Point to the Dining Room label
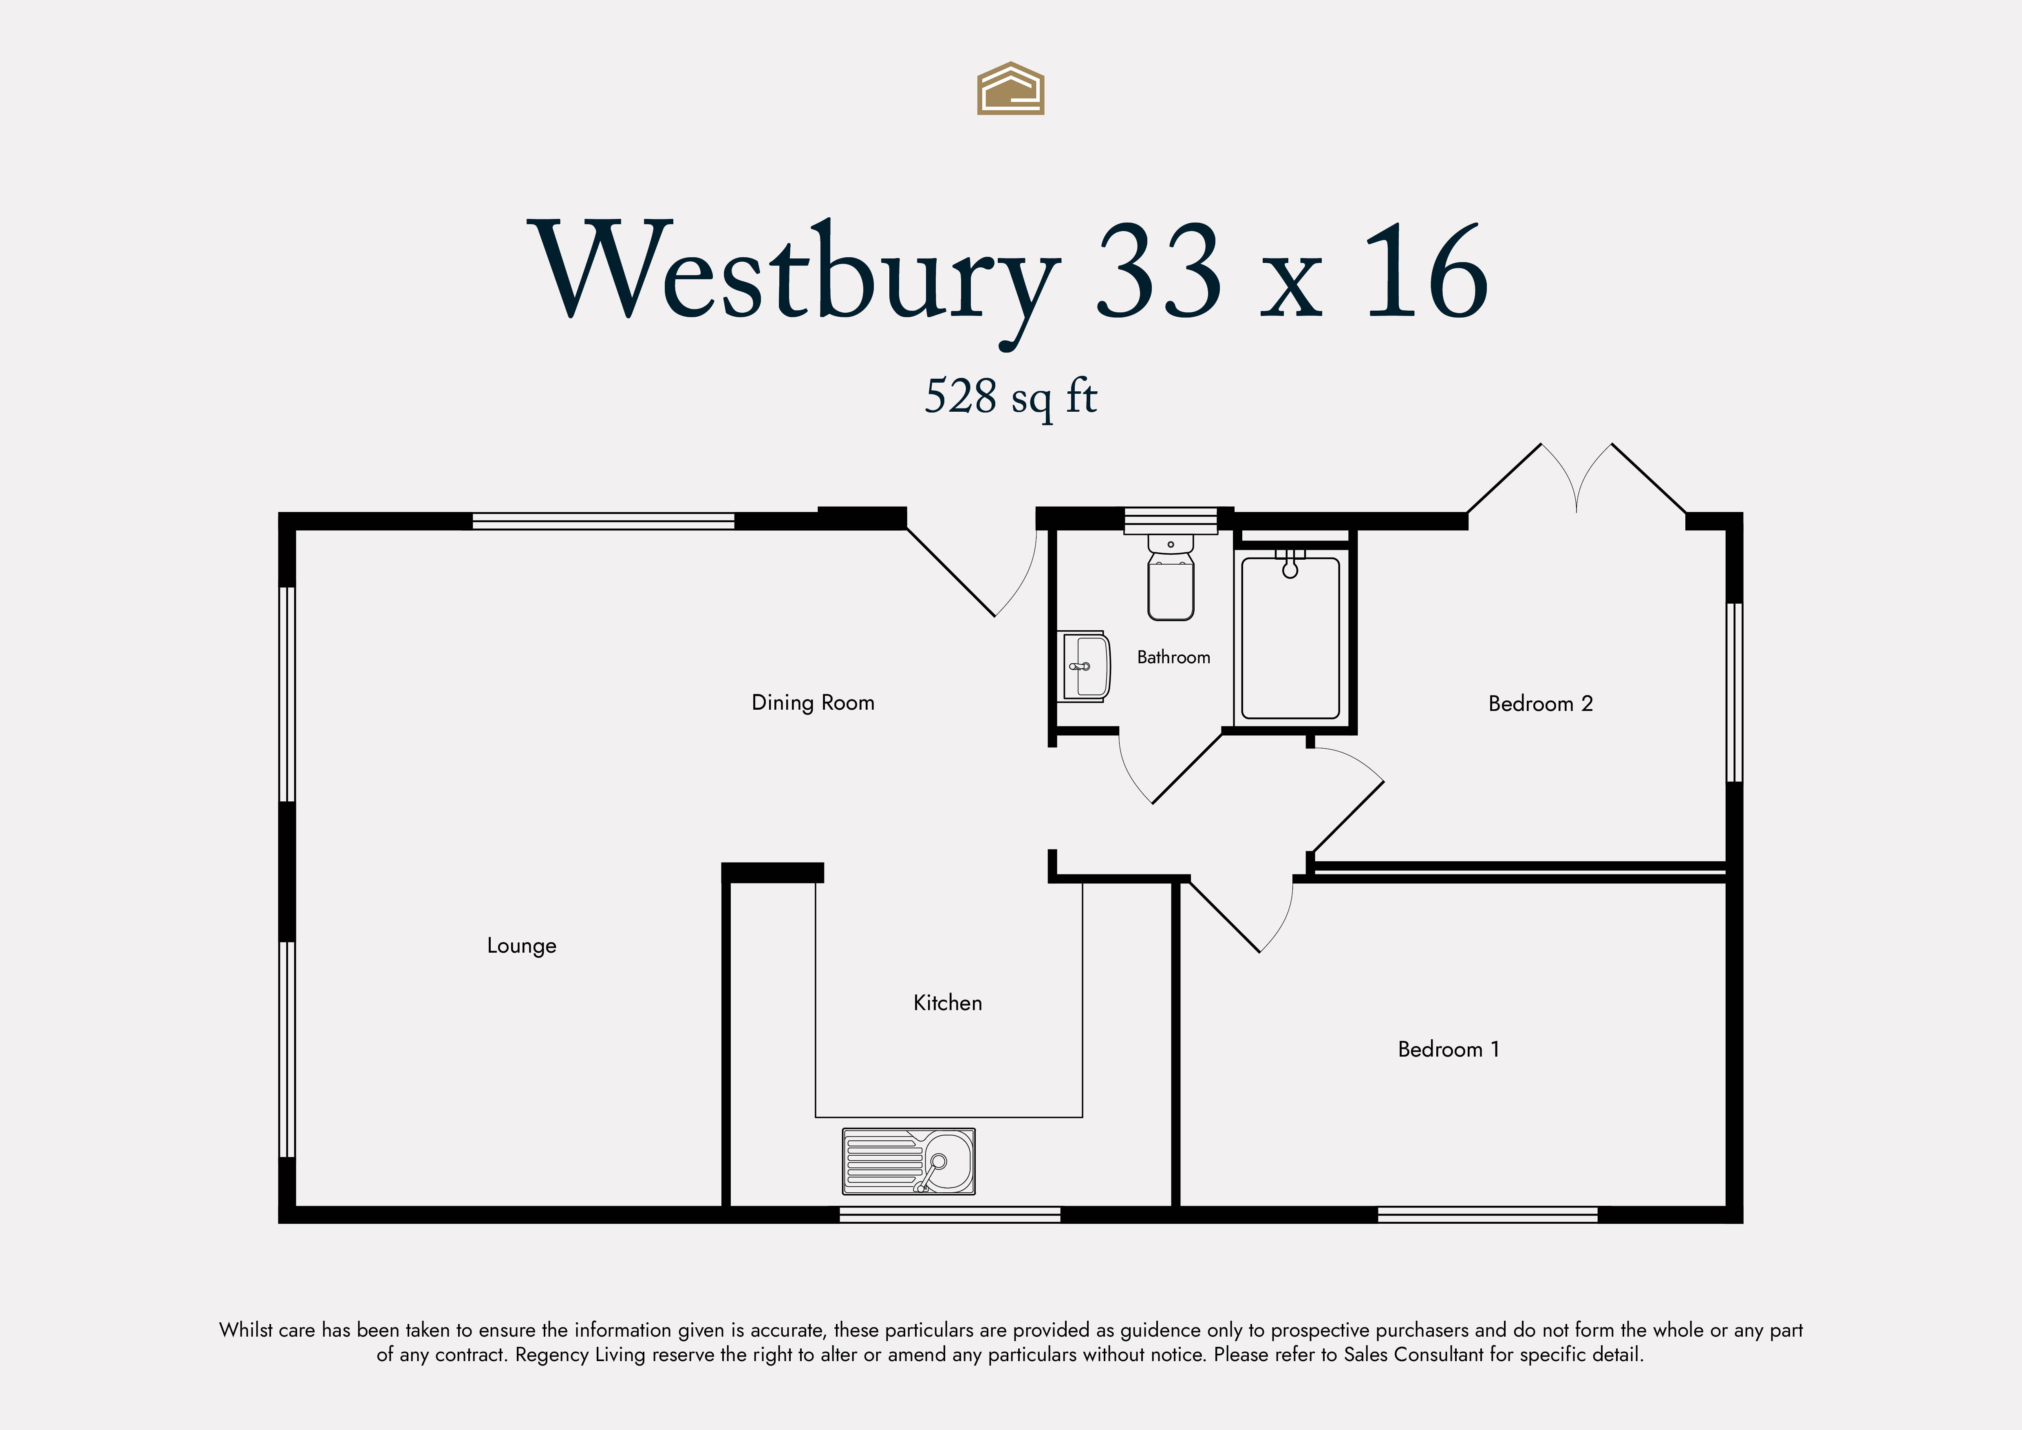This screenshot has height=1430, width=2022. [x=813, y=703]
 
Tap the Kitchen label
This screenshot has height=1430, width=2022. [x=948, y=1003]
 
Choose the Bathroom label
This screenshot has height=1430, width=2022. [x=1173, y=657]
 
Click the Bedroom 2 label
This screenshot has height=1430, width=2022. [x=1540, y=704]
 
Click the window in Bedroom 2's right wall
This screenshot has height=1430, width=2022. [x=1734, y=692]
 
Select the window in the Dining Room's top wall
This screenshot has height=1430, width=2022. [x=603, y=521]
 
